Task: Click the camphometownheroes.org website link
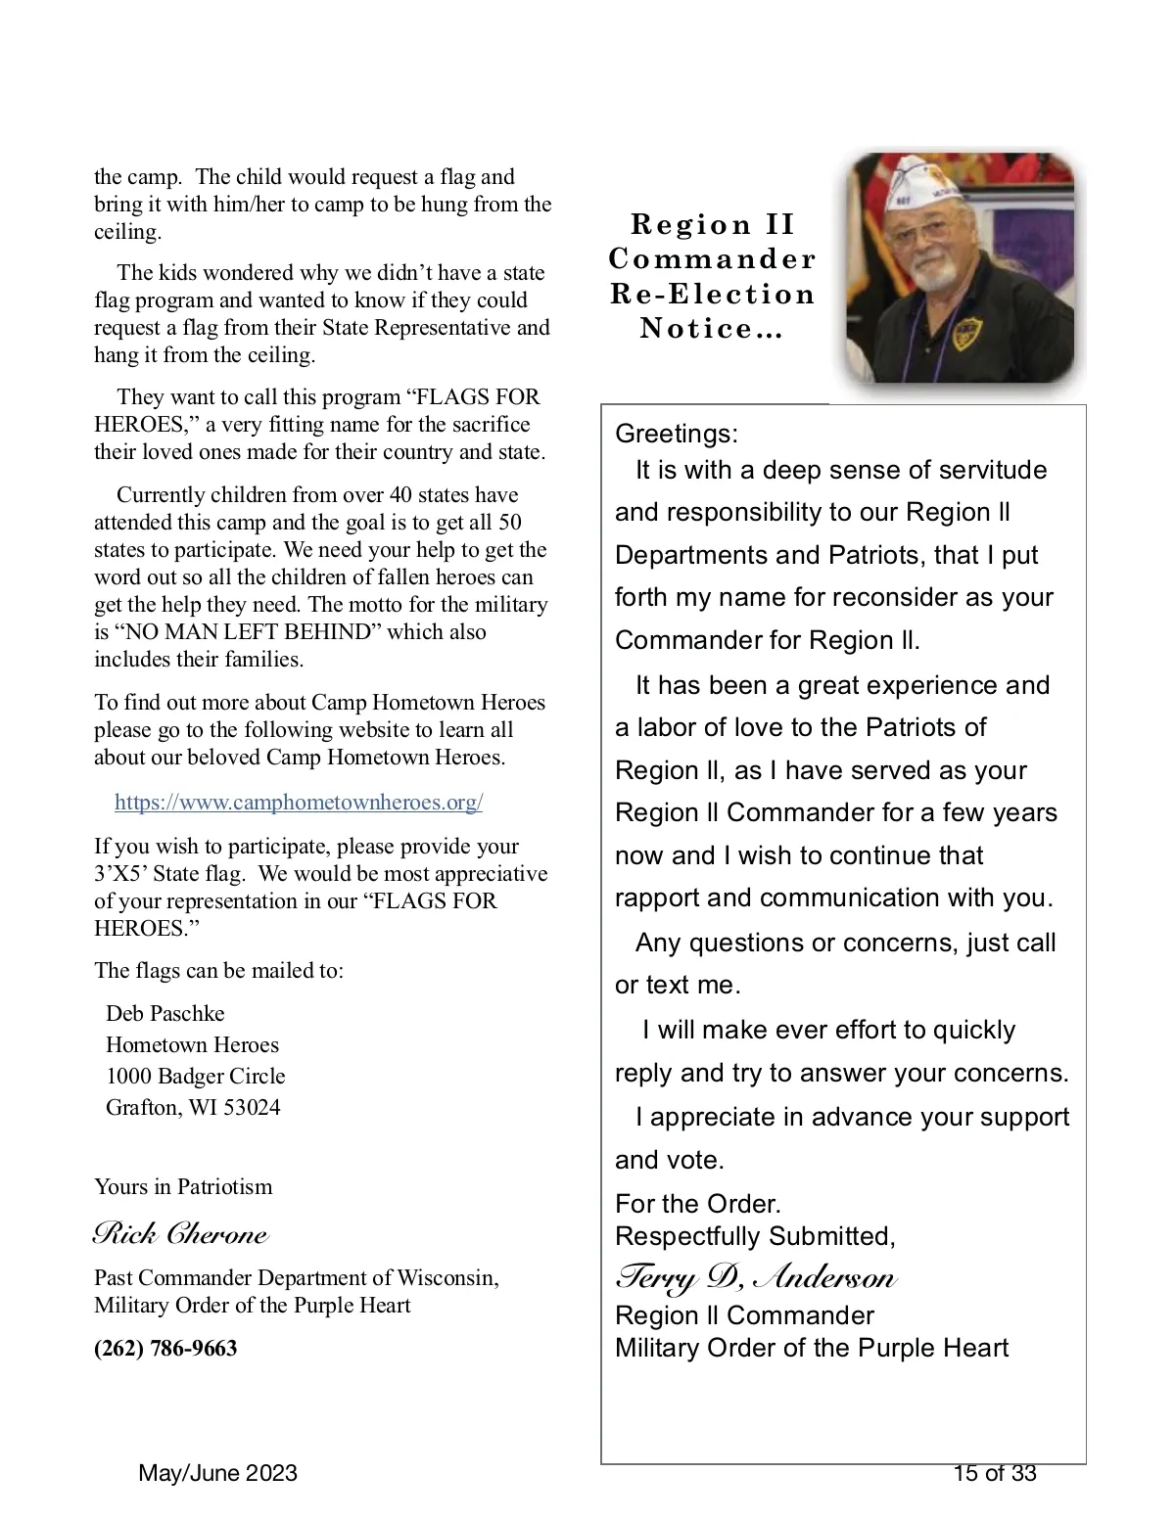(299, 803)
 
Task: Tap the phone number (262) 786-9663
(165, 1348)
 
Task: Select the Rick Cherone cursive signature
(180, 1233)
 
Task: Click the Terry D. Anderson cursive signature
(755, 1277)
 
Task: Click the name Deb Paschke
(164, 1013)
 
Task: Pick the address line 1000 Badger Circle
(196, 1076)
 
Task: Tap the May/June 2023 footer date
(218, 1473)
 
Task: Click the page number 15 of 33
(995, 1473)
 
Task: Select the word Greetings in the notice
(677, 434)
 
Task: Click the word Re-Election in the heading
(713, 294)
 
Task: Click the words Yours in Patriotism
(183, 1186)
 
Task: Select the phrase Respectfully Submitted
(755, 1236)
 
